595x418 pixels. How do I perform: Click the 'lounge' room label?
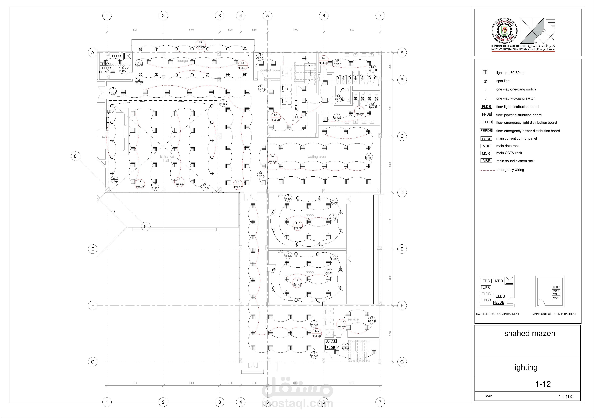click(182, 61)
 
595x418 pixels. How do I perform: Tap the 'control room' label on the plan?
click(270, 70)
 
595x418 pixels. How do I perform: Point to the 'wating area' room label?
click(316, 157)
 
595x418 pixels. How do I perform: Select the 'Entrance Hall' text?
click(167, 158)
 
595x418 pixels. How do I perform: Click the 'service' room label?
click(353, 319)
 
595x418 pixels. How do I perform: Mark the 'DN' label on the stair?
click(113, 211)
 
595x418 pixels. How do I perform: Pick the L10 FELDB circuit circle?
click(298, 226)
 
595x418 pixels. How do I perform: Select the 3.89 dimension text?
click(390, 66)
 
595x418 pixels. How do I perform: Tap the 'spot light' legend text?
click(503, 81)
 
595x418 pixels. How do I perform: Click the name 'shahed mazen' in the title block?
click(529, 333)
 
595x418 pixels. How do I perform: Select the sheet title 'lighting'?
click(525, 367)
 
